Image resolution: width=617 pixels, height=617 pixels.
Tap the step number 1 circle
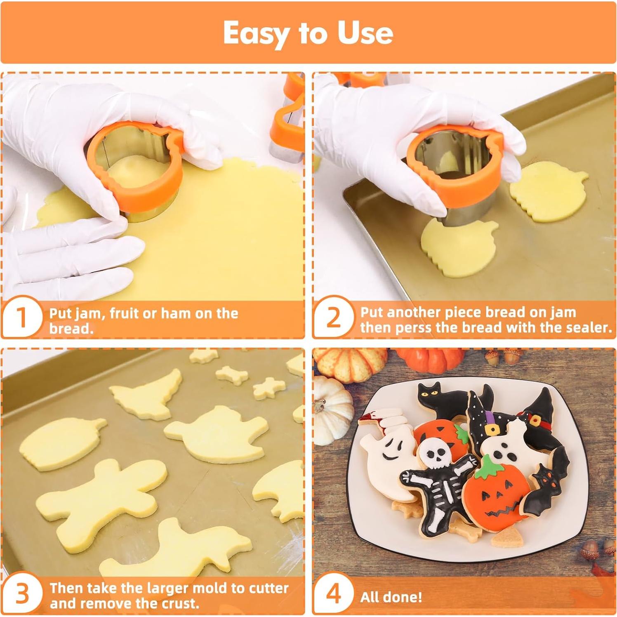tap(22, 317)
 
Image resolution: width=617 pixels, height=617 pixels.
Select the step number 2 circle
tap(333, 317)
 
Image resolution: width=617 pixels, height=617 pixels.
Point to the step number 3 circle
tap(22, 593)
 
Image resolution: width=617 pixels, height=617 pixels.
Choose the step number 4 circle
tap(333, 593)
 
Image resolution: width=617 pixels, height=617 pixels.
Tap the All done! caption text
tap(391, 597)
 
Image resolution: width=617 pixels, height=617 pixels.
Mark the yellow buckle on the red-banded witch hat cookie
tap(535, 421)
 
